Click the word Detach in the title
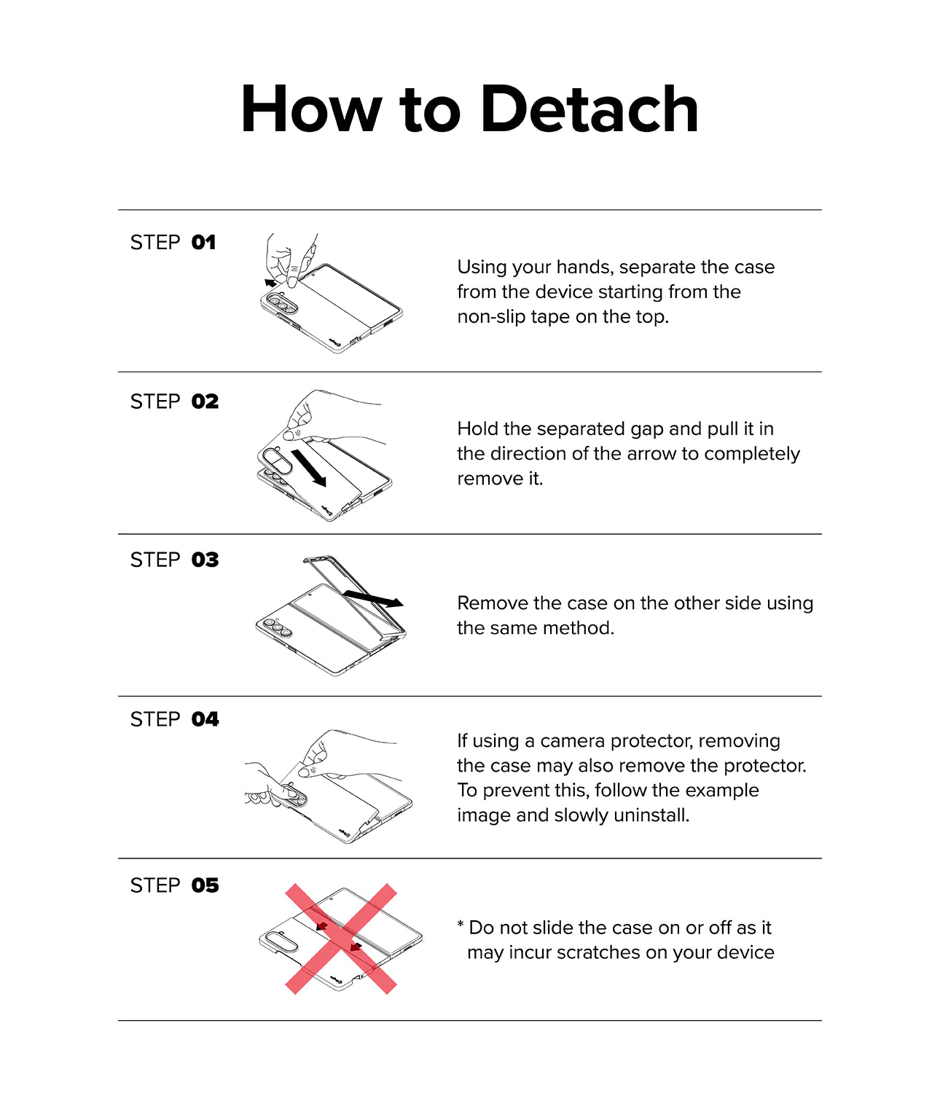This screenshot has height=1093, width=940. [x=590, y=109]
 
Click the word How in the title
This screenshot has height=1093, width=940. [x=311, y=109]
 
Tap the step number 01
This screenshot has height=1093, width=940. [x=203, y=243]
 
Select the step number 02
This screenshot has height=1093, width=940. [x=205, y=402]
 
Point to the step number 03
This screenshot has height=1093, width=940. [x=205, y=560]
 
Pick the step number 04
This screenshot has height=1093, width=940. [x=205, y=719]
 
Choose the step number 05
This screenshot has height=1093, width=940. [x=205, y=886]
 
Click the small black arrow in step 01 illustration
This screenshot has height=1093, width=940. [x=270, y=283]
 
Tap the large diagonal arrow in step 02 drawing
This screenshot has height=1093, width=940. [x=309, y=468]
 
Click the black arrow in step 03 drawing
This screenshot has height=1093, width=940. [x=373, y=598]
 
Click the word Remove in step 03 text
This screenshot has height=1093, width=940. [x=492, y=603]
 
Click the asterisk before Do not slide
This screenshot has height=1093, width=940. [x=461, y=924]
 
